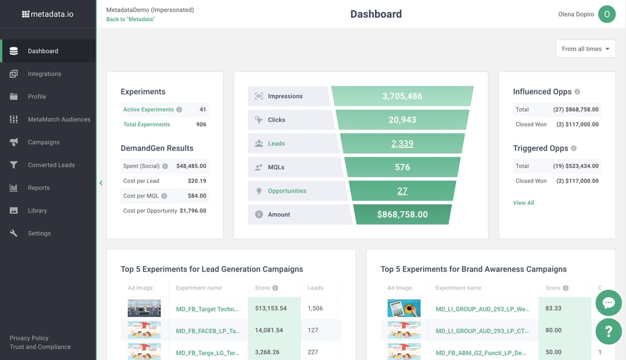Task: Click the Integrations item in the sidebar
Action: coord(44,74)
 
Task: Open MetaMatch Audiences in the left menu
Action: coord(59,119)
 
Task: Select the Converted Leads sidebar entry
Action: coord(51,165)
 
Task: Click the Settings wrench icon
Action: coord(14,233)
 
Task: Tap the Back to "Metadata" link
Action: coord(130,19)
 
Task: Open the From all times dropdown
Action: coord(585,49)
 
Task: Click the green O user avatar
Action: coord(607,14)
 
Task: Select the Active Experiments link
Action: coord(148,110)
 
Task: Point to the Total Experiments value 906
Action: coord(201,125)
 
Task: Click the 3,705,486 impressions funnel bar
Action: coord(402,96)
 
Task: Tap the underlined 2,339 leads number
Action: coord(402,143)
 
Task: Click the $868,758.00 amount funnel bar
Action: coord(402,215)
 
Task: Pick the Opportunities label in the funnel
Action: coord(287,191)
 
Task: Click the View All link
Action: coord(523,203)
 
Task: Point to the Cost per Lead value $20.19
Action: coord(197,181)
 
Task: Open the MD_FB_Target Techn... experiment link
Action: coord(207,309)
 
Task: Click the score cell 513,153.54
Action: coord(271,309)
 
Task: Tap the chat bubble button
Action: coord(608,303)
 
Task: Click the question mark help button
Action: coord(608,331)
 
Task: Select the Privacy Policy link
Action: coord(29,338)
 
